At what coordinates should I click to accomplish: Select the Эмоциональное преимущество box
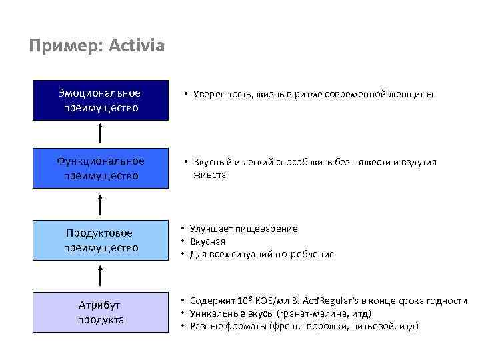point(100,100)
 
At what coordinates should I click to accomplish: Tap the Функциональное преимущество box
point(100,169)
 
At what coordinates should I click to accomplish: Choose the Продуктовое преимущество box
point(100,240)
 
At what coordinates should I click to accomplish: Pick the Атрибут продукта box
point(100,312)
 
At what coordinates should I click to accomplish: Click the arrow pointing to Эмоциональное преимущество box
point(100,134)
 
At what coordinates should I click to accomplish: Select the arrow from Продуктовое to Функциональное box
point(100,205)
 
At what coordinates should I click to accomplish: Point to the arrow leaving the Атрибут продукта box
point(100,276)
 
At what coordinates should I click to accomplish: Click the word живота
point(209,175)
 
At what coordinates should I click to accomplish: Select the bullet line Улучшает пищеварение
point(243,229)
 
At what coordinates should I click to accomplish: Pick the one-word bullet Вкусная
point(207,241)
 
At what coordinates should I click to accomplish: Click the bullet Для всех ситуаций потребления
point(261,254)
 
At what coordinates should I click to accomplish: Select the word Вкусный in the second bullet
point(212,163)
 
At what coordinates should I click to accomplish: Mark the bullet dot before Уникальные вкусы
point(183,313)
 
